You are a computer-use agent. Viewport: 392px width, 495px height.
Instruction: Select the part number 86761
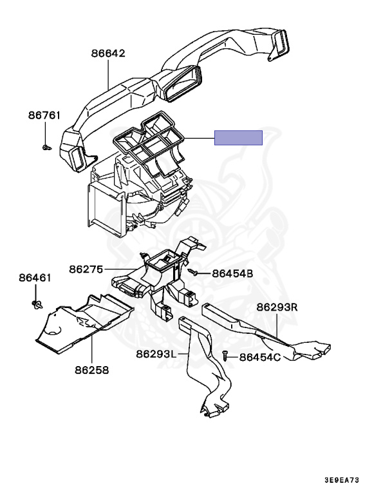pyautogui.click(x=44, y=116)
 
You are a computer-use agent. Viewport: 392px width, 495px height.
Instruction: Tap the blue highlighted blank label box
pyautogui.click(x=238, y=138)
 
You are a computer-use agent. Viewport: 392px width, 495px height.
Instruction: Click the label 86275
pyautogui.click(x=86, y=268)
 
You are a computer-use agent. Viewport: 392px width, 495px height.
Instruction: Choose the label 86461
pyautogui.click(x=35, y=278)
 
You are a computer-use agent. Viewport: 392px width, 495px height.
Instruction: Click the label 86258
pyautogui.click(x=91, y=371)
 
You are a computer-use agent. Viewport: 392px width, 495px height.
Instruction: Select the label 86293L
pyautogui.click(x=156, y=354)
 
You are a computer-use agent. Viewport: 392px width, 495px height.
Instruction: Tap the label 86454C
pyautogui.click(x=260, y=357)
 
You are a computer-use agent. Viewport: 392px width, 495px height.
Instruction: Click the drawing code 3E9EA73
pyautogui.click(x=342, y=481)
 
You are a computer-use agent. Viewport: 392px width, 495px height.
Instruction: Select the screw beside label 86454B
pyautogui.click(x=193, y=273)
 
